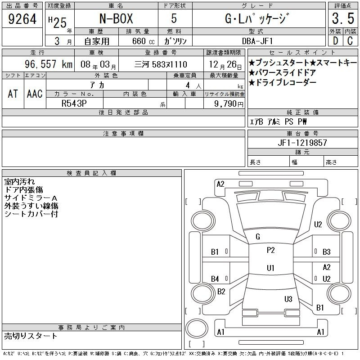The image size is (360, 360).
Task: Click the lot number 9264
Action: click(x=22, y=19)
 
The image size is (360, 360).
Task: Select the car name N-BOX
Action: click(x=116, y=18)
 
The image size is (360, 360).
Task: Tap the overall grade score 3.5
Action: click(x=343, y=18)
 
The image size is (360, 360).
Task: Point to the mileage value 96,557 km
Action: click(x=49, y=64)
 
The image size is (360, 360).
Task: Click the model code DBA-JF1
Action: click(x=257, y=41)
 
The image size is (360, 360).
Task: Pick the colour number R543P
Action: click(x=74, y=103)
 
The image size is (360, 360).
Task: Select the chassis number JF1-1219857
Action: click(x=302, y=143)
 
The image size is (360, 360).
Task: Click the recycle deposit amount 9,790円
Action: click(x=229, y=104)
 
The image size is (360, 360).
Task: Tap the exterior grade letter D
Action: click(x=335, y=41)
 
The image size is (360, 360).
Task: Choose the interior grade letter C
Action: click(x=350, y=41)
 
